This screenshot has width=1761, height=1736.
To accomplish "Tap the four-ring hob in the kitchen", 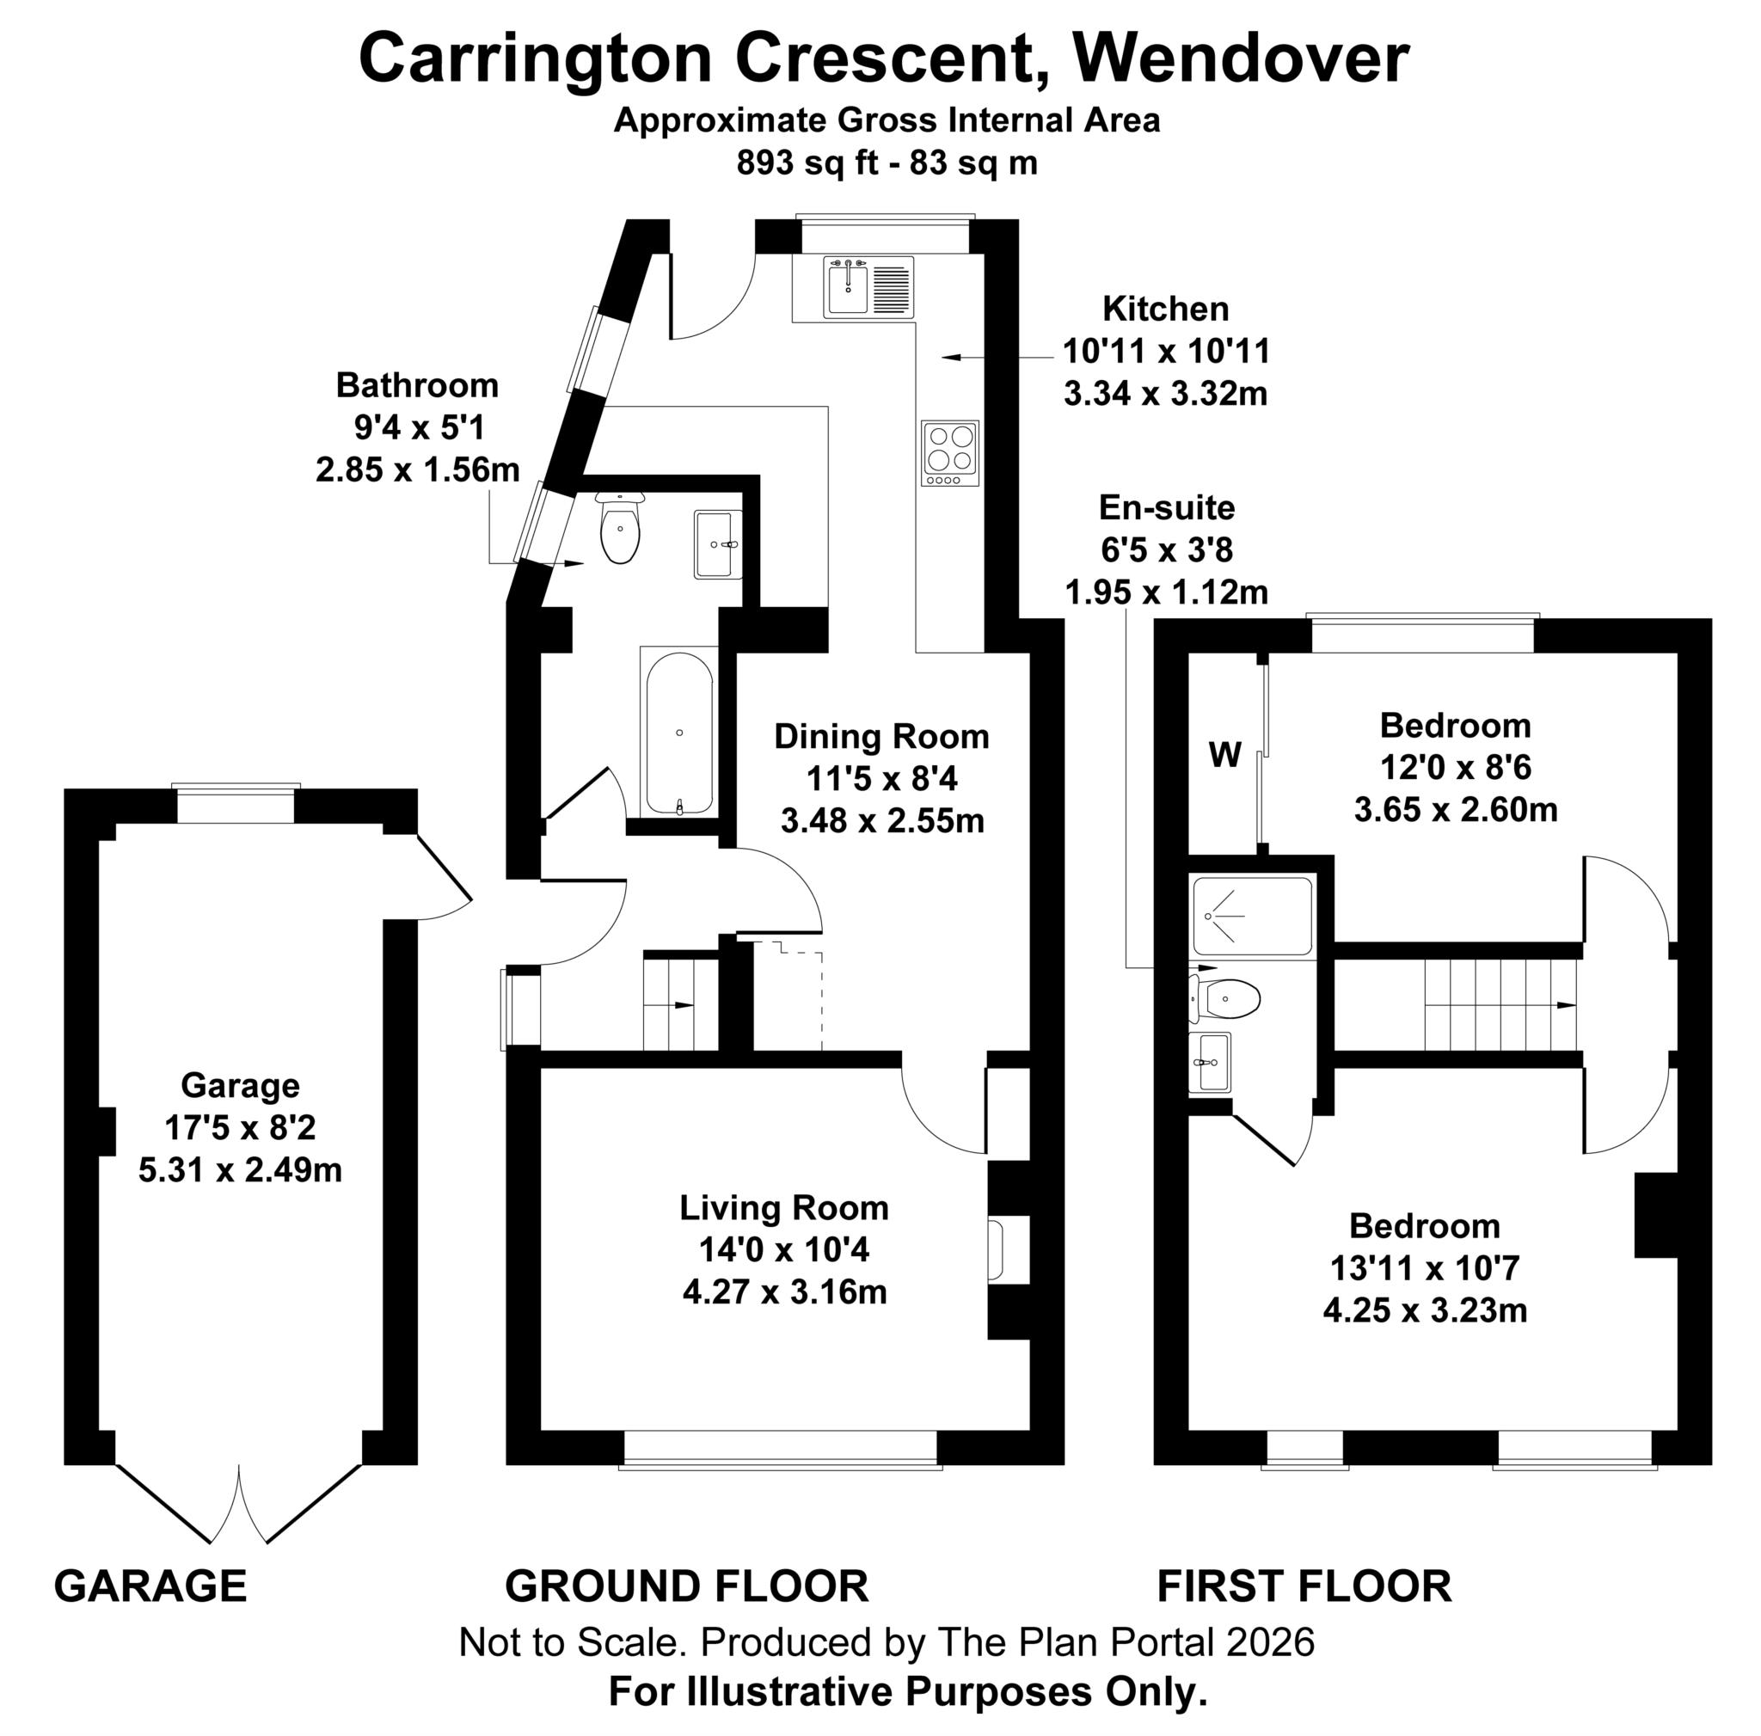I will pyautogui.click(x=950, y=453).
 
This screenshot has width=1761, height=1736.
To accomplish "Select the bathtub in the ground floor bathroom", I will pyautogui.click(x=679, y=733).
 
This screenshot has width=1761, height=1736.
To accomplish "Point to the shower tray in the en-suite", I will pyautogui.click(x=1251, y=916).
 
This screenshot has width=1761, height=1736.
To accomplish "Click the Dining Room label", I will pyautogui.click(x=880, y=736).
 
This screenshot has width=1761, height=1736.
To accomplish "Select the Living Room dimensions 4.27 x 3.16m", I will pyautogui.click(x=784, y=1291).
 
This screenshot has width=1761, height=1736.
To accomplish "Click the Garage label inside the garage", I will pyautogui.click(x=240, y=1085).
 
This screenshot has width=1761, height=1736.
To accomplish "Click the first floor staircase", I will pyautogui.click(x=1500, y=1005).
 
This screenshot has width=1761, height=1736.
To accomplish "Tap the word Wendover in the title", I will pyautogui.click(x=1241, y=59).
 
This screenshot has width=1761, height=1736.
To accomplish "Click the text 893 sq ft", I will pyautogui.click(x=807, y=163).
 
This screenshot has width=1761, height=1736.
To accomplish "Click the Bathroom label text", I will pyautogui.click(x=416, y=384).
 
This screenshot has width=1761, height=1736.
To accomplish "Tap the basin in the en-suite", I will pyautogui.click(x=1210, y=1063).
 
